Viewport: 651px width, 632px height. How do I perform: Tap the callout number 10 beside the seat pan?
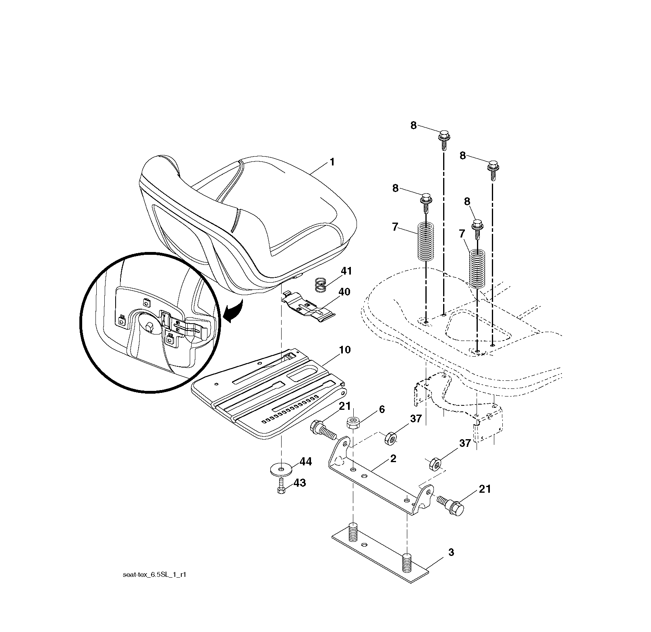[345, 350]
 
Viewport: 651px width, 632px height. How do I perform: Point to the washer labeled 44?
[281, 469]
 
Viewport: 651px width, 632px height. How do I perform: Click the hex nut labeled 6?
[353, 423]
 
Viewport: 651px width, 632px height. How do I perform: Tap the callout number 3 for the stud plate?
[451, 553]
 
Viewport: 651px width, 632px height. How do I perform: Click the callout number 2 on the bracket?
[393, 459]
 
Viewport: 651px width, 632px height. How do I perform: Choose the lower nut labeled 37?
[435, 463]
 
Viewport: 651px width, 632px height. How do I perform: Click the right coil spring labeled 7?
[478, 268]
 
